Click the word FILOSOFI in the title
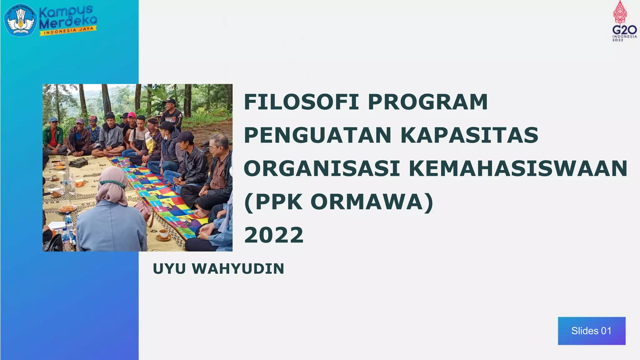click(301, 102)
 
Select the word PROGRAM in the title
click(427, 102)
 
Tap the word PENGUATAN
click(317, 135)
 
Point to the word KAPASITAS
click(469, 135)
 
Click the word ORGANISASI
click(322, 168)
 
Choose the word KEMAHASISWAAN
click(518, 168)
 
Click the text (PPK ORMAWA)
click(338, 202)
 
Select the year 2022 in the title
click(274, 235)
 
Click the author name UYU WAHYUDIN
click(218, 269)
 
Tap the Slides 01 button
click(591, 331)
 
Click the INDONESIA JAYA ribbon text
click(68, 31)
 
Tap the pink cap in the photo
click(132, 115)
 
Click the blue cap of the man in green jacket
click(54, 119)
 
